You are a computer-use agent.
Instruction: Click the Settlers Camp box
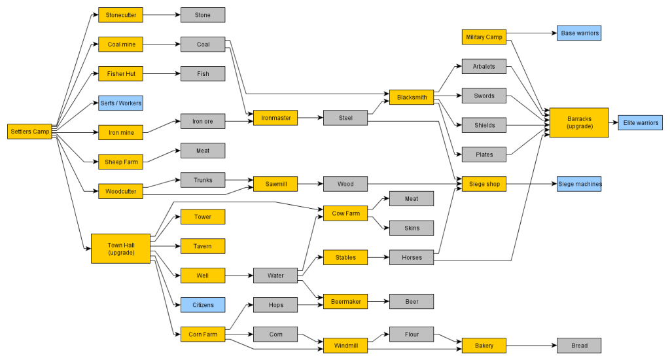(x=30, y=132)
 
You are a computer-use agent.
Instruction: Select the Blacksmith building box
(x=412, y=98)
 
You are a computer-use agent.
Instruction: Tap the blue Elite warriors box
(x=641, y=122)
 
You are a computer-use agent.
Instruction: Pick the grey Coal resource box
(x=203, y=45)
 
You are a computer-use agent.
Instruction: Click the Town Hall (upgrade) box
(x=120, y=249)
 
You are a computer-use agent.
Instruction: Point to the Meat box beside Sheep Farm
(x=203, y=151)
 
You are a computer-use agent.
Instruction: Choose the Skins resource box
(x=412, y=228)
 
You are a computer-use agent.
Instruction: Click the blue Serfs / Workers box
(x=120, y=103)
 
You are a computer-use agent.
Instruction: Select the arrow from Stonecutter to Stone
(x=162, y=14)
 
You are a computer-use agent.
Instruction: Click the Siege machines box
(x=579, y=184)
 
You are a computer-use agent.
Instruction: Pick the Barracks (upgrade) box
(x=579, y=122)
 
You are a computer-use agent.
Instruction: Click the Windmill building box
(x=345, y=346)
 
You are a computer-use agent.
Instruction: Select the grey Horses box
(x=412, y=257)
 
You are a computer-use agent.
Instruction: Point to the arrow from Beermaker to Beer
(x=378, y=302)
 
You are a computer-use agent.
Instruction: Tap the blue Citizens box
(x=203, y=304)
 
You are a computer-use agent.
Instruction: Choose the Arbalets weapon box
(x=484, y=66)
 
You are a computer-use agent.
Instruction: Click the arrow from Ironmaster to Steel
(x=311, y=118)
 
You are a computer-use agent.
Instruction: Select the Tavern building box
(x=203, y=246)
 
